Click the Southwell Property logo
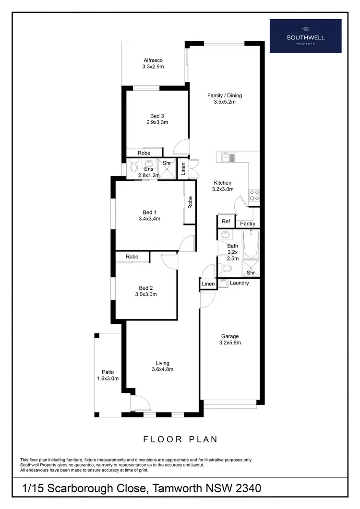[x=305, y=36]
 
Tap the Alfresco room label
[x=153, y=60]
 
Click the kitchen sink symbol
[x=228, y=156]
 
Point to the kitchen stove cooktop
[x=254, y=195]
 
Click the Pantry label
[x=248, y=224]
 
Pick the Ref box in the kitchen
[x=226, y=222]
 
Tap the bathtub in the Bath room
[x=251, y=244]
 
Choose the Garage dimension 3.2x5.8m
[x=230, y=343]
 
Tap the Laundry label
[x=239, y=283]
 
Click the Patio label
[x=108, y=372]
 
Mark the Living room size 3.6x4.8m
[x=162, y=369]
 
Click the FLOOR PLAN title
[x=180, y=439]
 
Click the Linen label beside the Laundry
[x=208, y=284]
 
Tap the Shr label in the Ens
[x=167, y=163]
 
